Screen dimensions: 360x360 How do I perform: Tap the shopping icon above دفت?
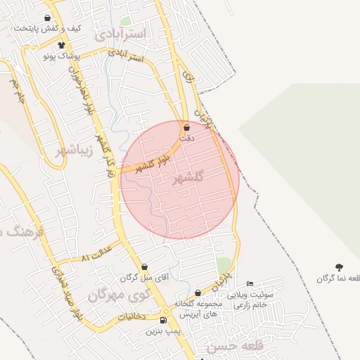coord(186,128)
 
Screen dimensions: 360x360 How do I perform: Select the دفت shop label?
coord(186,139)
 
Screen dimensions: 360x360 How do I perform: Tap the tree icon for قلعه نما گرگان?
coord(340,267)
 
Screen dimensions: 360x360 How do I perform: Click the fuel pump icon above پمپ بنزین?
coord(164,321)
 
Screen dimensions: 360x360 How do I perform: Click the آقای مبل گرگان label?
coord(144,278)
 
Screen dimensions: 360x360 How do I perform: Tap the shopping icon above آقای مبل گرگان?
coord(144,267)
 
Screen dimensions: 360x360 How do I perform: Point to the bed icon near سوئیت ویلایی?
coord(250,283)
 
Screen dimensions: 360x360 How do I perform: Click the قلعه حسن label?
coord(229,347)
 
